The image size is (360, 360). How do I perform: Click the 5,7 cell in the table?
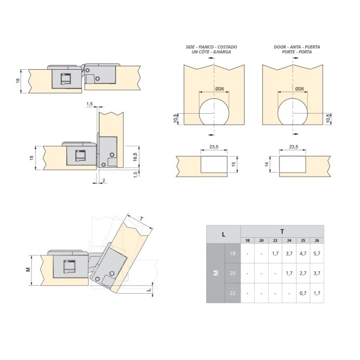[317, 254]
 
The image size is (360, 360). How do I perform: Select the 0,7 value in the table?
[303, 293]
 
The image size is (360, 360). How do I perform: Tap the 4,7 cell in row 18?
[303, 254]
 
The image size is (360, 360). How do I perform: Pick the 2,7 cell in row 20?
[303, 273]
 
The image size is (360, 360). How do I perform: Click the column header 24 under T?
[289, 241]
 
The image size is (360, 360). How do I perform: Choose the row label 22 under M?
[233, 293]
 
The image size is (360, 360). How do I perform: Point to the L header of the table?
[223, 234]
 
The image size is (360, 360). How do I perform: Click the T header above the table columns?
[282, 231]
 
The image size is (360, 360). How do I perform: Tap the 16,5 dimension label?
[135, 157]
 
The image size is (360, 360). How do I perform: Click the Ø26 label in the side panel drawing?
[219, 89]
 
